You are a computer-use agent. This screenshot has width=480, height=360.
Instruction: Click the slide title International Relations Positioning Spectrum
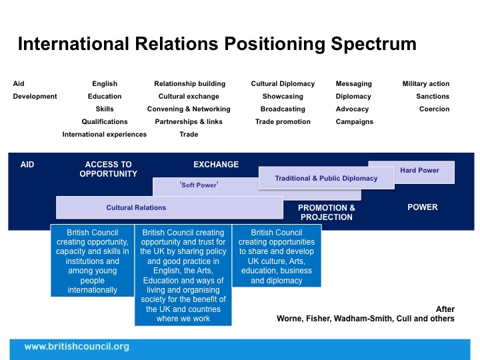[x=217, y=44]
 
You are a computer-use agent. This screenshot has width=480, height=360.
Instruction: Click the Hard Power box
[x=419, y=171]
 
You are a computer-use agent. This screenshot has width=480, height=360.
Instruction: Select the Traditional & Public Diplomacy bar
[x=327, y=179]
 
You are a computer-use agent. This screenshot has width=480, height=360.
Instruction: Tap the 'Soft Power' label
[x=199, y=185]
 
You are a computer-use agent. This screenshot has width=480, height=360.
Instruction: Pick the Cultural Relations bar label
[x=136, y=207]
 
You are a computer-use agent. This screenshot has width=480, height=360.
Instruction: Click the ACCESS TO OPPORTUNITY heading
[x=108, y=169]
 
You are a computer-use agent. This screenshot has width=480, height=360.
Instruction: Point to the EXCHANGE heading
[x=216, y=164]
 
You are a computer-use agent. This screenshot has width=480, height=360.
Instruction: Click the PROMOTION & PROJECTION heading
[x=327, y=212]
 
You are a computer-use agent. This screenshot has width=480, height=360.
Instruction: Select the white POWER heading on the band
[x=423, y=207]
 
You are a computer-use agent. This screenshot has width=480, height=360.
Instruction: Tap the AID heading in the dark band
[x=27, y=164]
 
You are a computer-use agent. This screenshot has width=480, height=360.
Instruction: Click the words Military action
[x=426, y=84]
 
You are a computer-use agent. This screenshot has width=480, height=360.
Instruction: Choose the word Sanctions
[x=433, y=97]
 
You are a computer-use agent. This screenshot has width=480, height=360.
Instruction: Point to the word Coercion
[x=434, y=109]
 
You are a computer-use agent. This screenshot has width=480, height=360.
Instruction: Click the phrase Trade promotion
[x=283, y=122]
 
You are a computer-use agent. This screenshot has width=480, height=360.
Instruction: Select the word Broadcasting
[x=283, y=109]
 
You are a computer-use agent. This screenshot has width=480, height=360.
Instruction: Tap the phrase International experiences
[x=105, y=135]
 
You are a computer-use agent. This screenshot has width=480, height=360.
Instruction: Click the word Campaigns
[x=355, y=122]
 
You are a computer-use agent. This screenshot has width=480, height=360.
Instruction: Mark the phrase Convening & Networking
[x=189, y=109]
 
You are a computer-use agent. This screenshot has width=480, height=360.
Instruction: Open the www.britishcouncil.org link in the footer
[x=77, y=347]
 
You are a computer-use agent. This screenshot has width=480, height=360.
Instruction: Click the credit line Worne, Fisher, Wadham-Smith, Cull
[x=365, y=319]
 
